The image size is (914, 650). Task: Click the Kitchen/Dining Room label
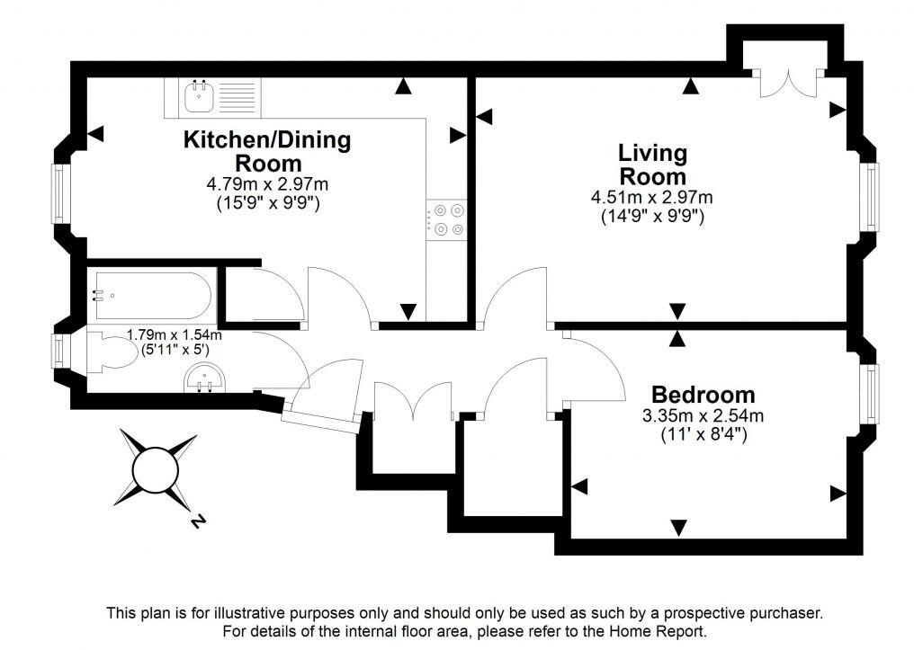267,151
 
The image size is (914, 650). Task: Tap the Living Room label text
652,165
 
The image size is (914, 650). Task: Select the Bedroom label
703,395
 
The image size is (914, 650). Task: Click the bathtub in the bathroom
150,294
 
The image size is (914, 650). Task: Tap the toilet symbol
106,348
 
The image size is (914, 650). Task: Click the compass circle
157,469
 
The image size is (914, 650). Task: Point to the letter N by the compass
196,521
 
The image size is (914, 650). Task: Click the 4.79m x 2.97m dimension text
267,184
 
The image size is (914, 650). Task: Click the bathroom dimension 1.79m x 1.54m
173,334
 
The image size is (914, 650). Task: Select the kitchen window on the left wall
59,193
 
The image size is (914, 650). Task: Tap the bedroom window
872,391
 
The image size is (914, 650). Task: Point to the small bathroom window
59,350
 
